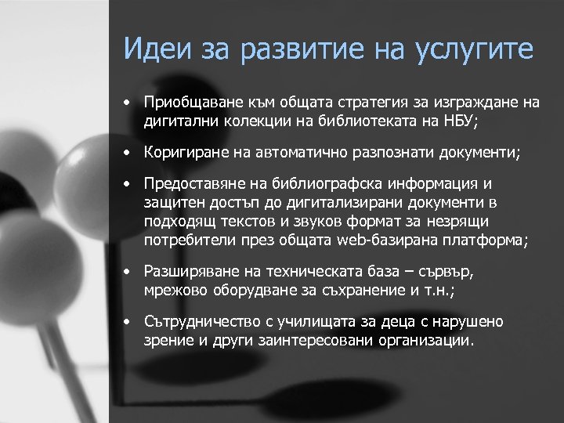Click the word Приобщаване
tap(189, 102)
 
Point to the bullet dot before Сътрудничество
tap(125, 323)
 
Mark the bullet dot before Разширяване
tap(125, 273)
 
